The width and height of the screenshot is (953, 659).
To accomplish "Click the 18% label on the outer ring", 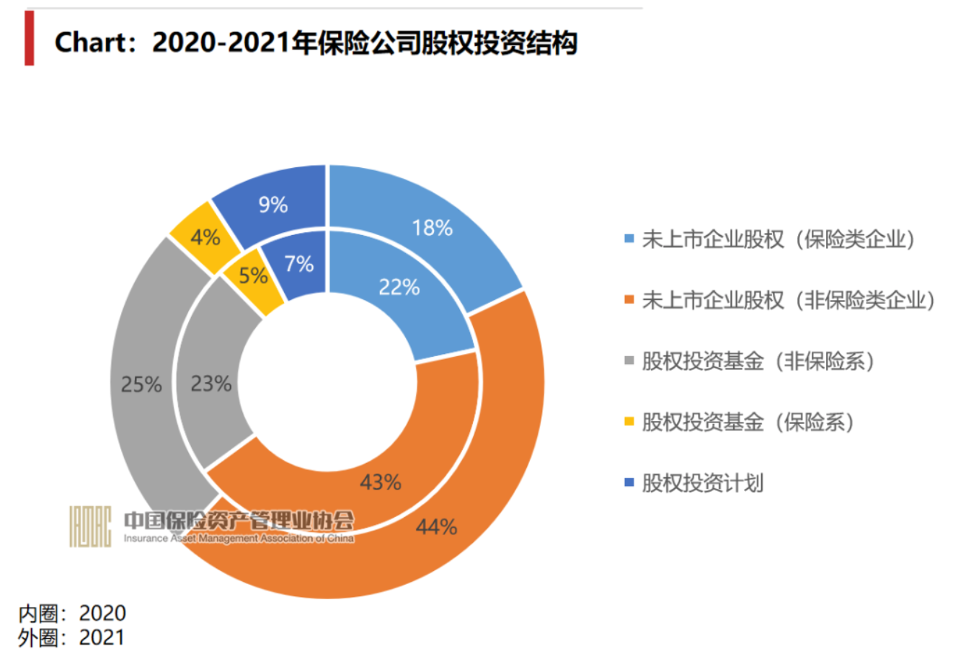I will (432, 228).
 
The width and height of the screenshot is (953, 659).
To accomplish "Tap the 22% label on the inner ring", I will (399, 287).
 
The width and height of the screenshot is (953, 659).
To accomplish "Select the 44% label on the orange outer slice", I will (436, 527).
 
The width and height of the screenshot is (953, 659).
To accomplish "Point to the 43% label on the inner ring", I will (380, 482).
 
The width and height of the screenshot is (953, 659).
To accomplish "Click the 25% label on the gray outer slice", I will (141, 384).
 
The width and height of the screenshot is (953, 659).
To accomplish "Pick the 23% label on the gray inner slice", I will (210, 384).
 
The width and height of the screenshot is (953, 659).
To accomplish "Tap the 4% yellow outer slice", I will (205, 236).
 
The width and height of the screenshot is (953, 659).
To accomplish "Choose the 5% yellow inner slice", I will (253, 275).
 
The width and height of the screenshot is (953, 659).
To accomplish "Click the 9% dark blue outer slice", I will (273, 205).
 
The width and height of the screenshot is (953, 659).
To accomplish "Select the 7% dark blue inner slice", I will (298, 264).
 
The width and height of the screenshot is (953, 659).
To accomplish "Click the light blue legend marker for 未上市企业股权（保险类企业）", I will (629, 239).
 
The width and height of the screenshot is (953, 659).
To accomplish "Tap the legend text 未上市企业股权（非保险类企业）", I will (788, 300).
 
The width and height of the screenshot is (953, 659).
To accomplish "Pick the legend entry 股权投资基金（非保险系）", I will (757, 361).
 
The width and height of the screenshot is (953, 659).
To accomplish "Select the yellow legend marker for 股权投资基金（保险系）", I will (629, 421).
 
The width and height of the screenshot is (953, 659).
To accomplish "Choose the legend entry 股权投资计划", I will (702, 482).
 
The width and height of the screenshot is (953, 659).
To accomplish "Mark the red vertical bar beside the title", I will (29, 38).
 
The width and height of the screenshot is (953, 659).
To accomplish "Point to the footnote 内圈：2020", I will (72, 613).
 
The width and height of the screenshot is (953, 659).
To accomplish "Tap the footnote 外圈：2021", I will (72, 637).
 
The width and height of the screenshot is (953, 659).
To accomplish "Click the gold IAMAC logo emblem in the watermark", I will (90, 526).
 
